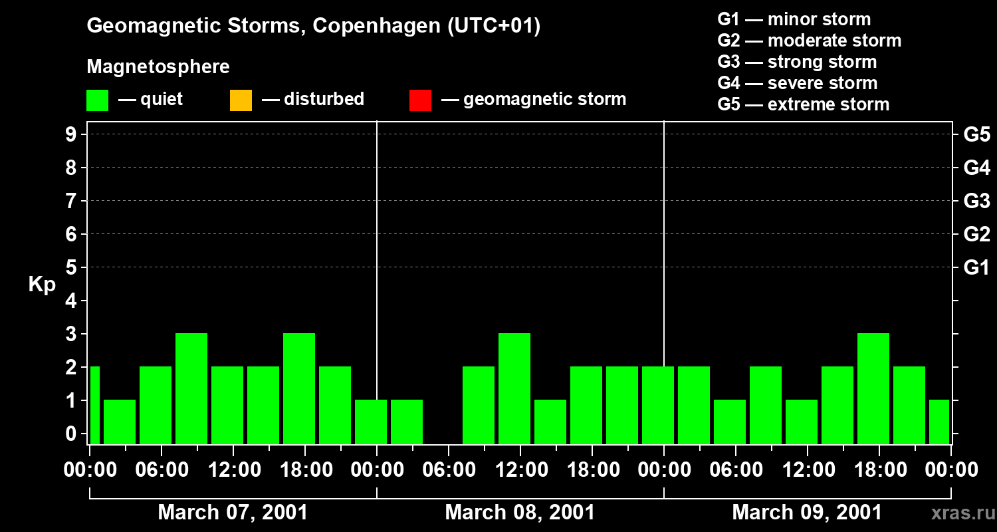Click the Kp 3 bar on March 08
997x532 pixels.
click(x=514, y=388)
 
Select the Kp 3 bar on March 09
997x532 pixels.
click(x=873, y=388)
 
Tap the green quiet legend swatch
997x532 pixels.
click(x=97, y=100)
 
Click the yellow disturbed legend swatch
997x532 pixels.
click(x=241, y=100)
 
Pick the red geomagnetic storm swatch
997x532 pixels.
click(x=420, y=100)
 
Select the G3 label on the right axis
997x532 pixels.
click(x=976, y=201)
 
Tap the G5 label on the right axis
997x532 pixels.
click(x=976, y=135)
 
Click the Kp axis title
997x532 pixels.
click(x=41, y=285)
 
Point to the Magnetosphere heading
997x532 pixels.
click(x=158, y=67)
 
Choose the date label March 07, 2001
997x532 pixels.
click(x=233, y=513)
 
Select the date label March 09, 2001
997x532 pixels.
click(x=807, y=513)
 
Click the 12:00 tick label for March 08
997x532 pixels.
click(x=520, y=470)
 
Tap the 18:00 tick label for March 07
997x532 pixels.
click(x=305, y=470)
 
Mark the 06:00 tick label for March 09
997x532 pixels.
click(x=736, y=470)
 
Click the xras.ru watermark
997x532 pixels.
click(x=958, y=513)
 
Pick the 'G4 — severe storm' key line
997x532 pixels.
click(x=797, y=83)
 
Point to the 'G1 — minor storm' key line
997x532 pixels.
click(x=794, y=19)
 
